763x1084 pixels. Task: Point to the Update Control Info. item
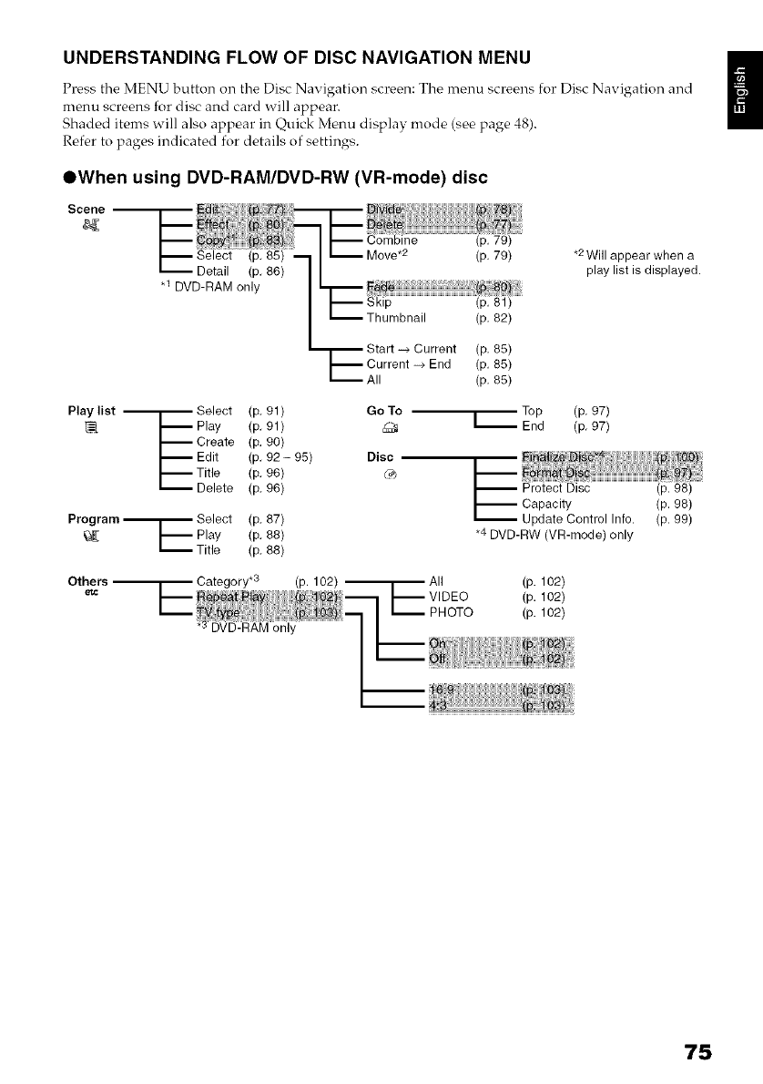pos(577,519)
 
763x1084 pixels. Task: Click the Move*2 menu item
pos(385,257)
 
